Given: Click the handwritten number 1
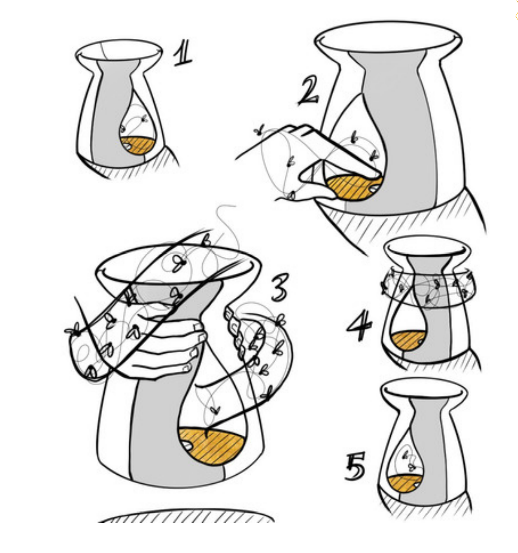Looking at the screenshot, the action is [x=182, y=53].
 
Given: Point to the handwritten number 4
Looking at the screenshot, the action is [x=359, y=326].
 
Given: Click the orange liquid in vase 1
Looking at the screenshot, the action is [x=138, y=145].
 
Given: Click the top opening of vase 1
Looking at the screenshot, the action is [x=119, y=50].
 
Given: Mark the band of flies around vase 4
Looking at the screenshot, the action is [x=428, y=288].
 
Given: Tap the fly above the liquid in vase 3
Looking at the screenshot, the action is [x=214, y=409].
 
